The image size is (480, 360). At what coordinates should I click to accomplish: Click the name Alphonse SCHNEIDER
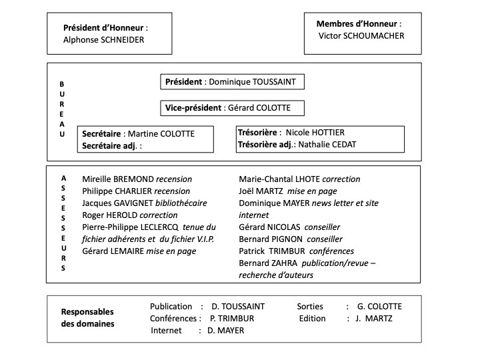[103, 40]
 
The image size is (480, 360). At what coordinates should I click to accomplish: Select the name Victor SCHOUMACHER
[361, 36]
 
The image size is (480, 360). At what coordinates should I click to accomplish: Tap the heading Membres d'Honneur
[359, 24]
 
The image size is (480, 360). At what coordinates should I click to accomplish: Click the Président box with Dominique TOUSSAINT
[233, 82]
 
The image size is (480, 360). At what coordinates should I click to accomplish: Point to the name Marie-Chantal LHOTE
[279, 179]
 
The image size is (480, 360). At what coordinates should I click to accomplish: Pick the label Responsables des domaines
[87, 318]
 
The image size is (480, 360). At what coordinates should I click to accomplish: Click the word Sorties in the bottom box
[310, 307]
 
